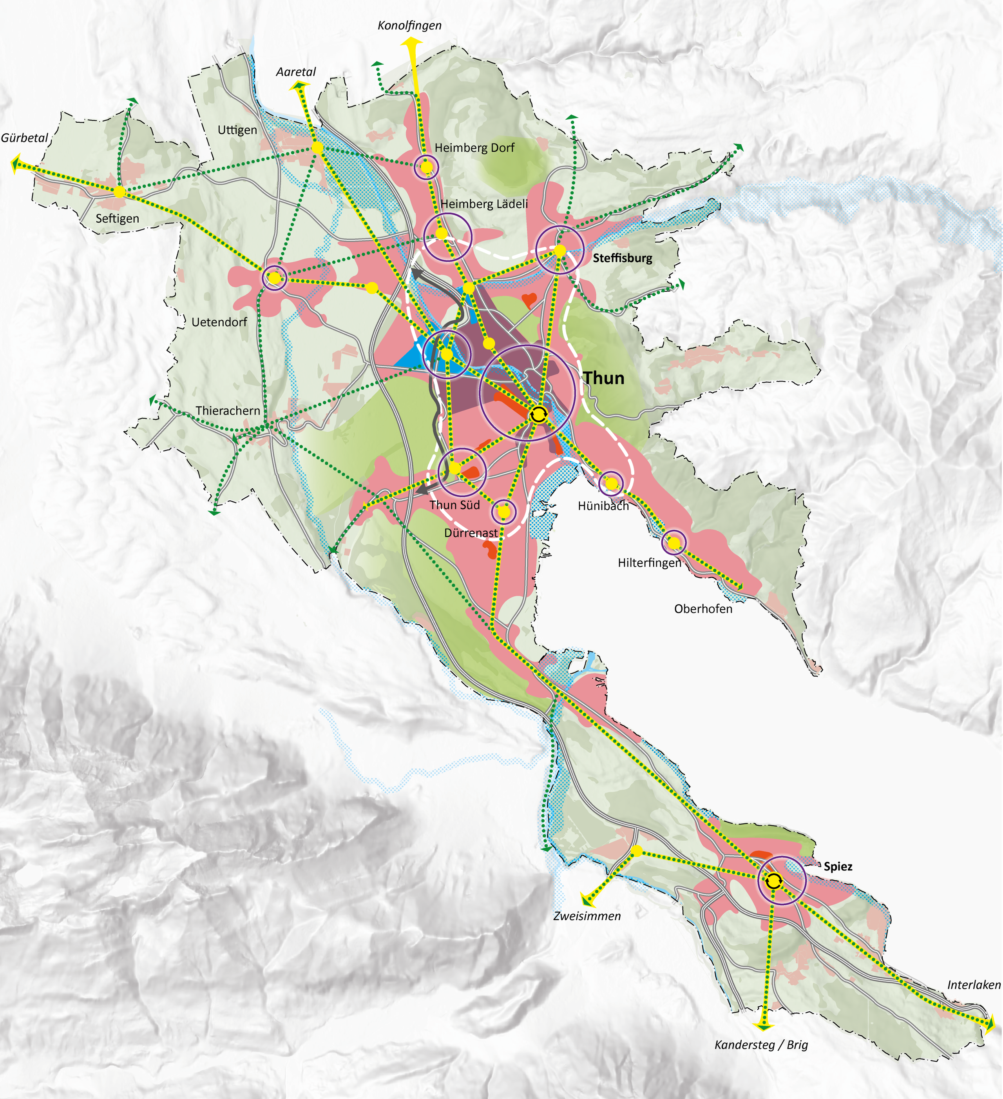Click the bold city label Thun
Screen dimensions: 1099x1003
point(604,378)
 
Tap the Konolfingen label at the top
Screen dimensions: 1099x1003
point(410,25)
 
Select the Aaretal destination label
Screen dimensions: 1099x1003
point(296,72)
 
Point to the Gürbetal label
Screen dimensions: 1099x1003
point(25,138)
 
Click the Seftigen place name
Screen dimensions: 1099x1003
point(117,219)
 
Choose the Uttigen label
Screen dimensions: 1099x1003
point(237,130)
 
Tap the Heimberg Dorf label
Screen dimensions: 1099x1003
point(474,148)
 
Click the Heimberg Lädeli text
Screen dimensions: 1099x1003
point(484,204)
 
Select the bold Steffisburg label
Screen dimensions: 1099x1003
point(622,258)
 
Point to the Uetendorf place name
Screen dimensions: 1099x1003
point(219,322)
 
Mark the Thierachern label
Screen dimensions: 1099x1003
point(228,411)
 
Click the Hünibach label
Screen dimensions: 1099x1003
point(603,506)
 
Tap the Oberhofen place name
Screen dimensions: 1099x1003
point(703,609)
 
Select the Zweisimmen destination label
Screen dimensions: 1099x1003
point(587,916)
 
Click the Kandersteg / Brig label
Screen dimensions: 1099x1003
point(761,1045)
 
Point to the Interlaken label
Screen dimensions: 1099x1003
point(974,985)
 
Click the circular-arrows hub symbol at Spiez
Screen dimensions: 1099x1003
point(773,881)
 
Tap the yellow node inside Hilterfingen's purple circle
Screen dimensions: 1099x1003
point(674,543)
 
